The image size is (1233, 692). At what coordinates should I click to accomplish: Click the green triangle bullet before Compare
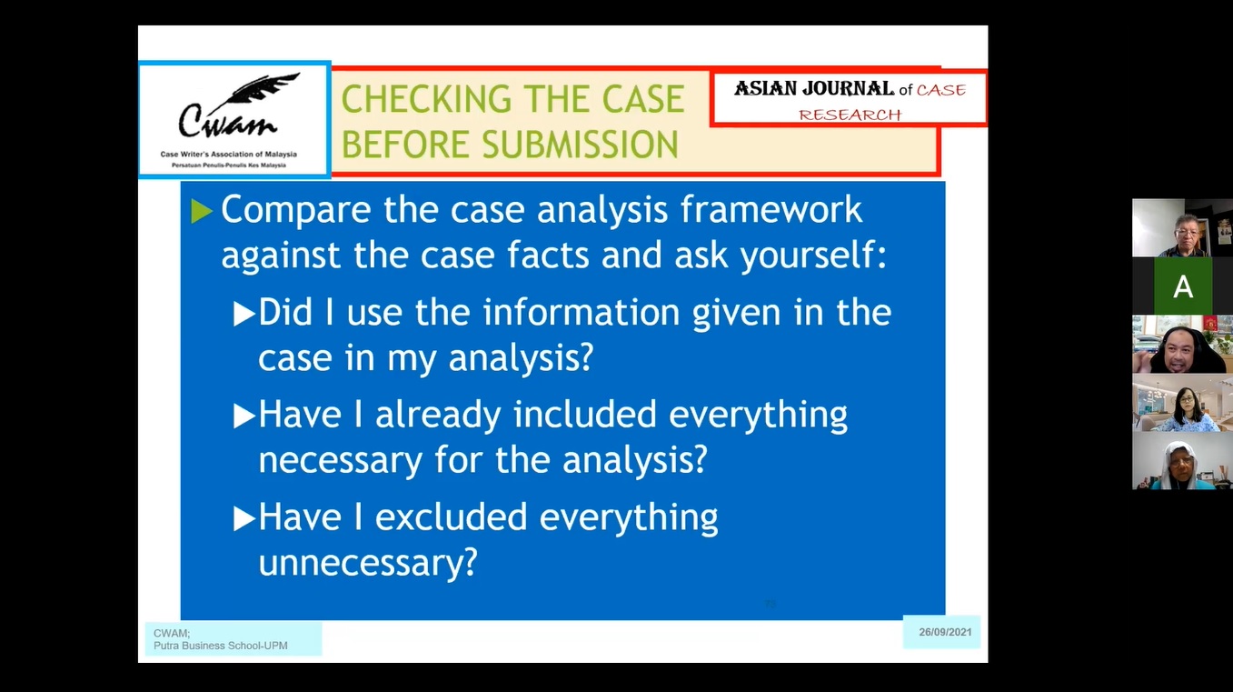coord(201,211)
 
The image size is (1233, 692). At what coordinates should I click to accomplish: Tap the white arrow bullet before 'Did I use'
coord(244,314)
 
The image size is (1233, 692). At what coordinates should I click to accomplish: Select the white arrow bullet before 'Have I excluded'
coord(244,518)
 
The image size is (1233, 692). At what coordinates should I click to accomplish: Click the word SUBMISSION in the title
coord(580,145)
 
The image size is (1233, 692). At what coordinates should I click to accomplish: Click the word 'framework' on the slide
coord(771,209)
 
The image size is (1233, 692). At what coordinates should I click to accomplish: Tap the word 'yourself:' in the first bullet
coord(813,256)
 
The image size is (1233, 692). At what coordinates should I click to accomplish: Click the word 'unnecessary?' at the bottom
coord(368,563)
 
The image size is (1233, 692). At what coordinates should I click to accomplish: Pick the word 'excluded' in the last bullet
coord(451,516)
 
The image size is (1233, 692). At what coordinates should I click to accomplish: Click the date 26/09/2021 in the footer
coord(945,632)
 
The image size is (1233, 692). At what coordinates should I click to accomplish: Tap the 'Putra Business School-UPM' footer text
coord(220,646)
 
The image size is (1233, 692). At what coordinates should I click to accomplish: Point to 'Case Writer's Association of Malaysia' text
coord(228,155)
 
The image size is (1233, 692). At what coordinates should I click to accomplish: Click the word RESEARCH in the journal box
coord(850,115)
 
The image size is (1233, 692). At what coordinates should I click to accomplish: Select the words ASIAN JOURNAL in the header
coord(814,89)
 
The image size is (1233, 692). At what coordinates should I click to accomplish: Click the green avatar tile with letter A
coord(1183,286)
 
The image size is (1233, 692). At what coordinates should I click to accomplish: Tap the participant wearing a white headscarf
coord(1181,462)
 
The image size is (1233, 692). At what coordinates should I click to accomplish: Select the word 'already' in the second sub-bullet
coord(438,416)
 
